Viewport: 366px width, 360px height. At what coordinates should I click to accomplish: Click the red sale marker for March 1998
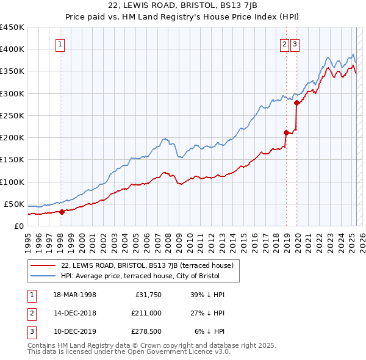point(62,212)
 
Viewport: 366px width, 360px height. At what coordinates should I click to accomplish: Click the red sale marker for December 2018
point(286,132)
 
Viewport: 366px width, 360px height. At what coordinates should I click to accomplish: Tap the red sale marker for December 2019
point(297,103)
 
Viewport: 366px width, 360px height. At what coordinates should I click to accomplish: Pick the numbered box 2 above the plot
point(285,43)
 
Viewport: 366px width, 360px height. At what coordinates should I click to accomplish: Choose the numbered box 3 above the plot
point(295,43)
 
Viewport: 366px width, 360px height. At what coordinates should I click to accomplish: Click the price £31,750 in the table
point(146,294)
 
